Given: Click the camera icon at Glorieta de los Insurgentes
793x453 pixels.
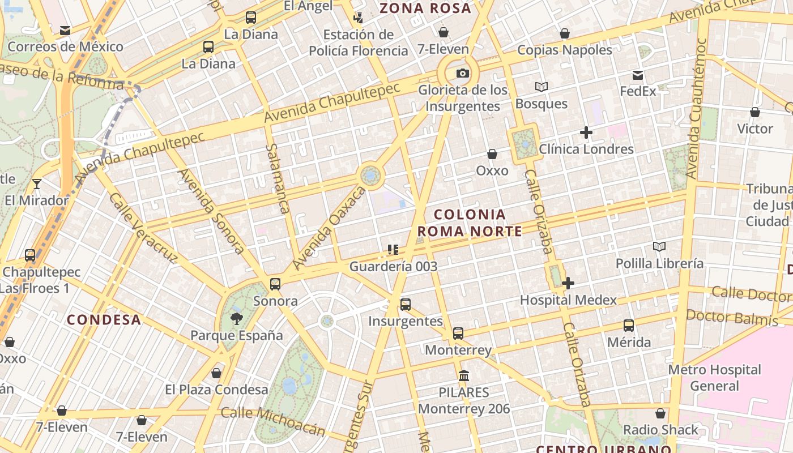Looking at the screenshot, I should tap(463, 73).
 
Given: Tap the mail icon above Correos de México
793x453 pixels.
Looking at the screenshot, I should tap(65, 30).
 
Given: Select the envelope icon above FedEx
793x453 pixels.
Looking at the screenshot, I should tap(638, 75).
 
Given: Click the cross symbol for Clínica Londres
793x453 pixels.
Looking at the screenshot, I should tap(586, 133).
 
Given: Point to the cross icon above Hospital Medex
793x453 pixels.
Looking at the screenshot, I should tap(568, 283).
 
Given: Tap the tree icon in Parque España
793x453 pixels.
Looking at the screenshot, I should tap(236, 318).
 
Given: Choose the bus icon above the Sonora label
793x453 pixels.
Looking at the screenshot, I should tap(275, 284).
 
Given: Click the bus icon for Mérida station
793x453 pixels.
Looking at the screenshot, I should tap(629, 326).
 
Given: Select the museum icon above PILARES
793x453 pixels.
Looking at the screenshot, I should tap(464, 375).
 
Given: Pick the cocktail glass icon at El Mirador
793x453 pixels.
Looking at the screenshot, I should tap(37, 183).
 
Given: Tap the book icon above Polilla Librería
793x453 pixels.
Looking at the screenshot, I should tap(659, 246).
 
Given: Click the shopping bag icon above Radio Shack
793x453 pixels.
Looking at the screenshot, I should tap(660, 413).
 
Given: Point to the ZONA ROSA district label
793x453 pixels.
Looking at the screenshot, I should tap(425, 8).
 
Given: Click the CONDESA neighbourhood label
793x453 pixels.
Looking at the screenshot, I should tap(104, 320).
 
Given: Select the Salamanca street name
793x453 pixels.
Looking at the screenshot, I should tap(277, 178).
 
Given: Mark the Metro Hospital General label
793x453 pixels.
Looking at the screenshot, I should tap(714, 378).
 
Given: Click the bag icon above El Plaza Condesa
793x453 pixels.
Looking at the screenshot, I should tap(216, 373).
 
